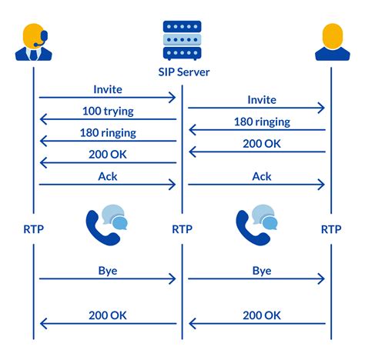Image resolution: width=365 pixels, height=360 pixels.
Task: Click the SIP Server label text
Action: [182, 73]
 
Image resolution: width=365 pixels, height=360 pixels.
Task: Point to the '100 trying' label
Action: [108, 112]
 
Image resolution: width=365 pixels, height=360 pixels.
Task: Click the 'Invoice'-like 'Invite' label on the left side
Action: [108, 90]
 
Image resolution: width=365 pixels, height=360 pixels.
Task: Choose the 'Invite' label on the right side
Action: [262, 100]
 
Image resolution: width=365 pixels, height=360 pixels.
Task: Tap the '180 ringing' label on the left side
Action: [108, 132]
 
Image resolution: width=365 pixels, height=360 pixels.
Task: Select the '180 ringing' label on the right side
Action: [262, 122]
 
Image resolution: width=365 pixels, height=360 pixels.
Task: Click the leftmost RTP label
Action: [33, 228]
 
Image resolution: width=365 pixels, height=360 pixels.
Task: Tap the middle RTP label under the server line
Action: [182, 228]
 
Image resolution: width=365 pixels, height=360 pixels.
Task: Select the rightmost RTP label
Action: [331, 228]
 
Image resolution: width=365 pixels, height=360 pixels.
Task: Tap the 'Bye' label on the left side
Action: [108, 272]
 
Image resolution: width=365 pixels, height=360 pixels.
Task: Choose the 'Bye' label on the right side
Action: [262, 272]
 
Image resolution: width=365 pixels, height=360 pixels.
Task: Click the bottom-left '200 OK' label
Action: [108, 315]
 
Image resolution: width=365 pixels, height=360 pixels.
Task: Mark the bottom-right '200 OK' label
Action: [262, 315]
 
